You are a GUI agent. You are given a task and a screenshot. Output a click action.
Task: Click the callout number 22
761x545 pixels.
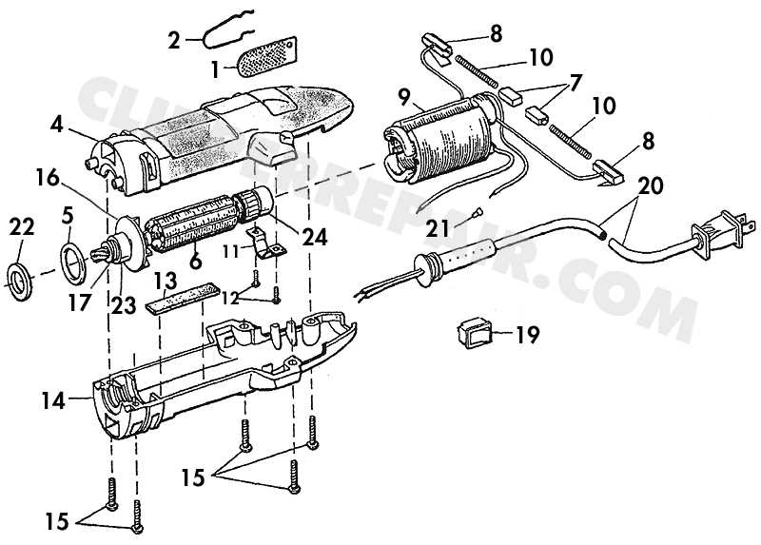coord(20,227)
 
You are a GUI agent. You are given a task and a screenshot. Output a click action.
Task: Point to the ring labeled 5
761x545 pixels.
coord(73,258)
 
